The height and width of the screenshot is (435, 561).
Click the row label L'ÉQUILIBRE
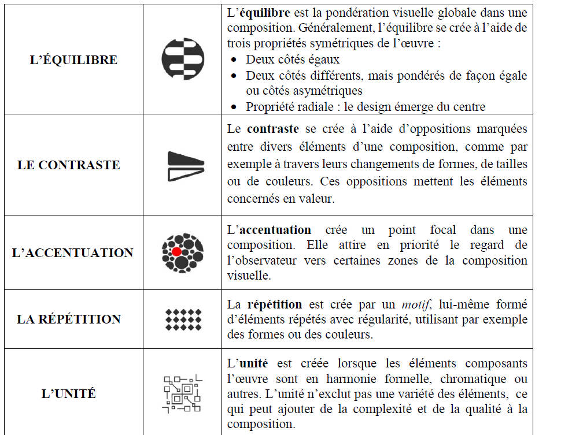(x=73, y=60)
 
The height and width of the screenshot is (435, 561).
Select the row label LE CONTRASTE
(x=69, y=165)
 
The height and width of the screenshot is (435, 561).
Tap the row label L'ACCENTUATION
(x=73, y=253)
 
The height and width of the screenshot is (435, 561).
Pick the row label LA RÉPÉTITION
(x=69, y=319)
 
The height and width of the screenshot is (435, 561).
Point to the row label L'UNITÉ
(x=69, y=394)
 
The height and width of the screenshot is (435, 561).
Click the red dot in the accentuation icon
(x=176, y=252)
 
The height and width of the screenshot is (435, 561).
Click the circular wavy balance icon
(x=183, y=59)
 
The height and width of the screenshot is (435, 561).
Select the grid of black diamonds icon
(x=183, y=319)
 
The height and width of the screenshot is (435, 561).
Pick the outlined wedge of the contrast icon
(x=185, y=172)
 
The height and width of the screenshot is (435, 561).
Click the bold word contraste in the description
(x=271, y=129)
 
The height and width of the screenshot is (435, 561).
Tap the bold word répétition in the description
(x=275, y=304)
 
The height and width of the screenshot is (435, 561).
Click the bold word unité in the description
(x=254, y=364)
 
